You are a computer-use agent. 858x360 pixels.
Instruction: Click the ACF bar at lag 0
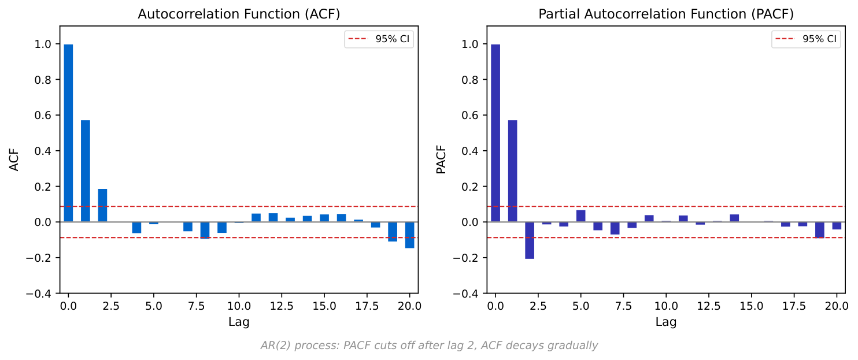point(68,133)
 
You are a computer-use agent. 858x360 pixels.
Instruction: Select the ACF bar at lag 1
point(86,171)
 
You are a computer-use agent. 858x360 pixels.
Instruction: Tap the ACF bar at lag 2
point(102,205)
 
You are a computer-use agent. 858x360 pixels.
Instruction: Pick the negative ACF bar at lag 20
point(409,235)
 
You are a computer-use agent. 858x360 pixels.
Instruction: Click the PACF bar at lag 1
point(512,171)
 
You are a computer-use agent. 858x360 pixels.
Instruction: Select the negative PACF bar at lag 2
point(530,240)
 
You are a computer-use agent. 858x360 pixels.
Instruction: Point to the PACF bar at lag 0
point(495,133)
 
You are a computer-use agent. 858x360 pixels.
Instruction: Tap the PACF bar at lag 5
point(580,216)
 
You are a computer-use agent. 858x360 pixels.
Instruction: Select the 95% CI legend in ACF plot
point(379,39)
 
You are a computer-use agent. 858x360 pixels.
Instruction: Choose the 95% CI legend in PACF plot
point(806,39)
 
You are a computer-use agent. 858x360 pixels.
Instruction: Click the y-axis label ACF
point(14,159)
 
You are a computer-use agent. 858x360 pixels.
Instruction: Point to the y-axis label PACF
point(441,159)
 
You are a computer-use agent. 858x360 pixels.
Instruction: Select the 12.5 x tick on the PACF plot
point(708,305)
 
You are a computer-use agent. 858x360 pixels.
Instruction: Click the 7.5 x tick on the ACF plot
point(196,305)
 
